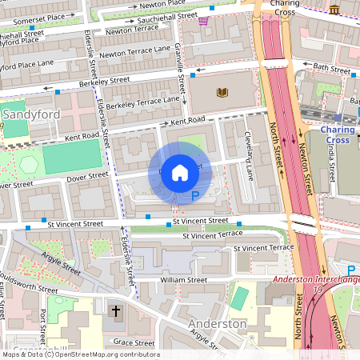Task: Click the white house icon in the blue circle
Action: [x=180, y=172]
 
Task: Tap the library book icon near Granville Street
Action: [x=222, y=93]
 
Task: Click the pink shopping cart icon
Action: [x=203, y=21]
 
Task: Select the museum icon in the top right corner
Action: [x=334, y=9]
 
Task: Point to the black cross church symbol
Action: [x=115, y=310]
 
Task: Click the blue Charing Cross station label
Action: [x=338, y=134]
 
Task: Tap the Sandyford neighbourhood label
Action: [x=31, y=114]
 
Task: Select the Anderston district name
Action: [x=217, y=324]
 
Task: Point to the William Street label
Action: [x=183, y=281]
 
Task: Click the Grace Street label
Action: [x=133, y=342]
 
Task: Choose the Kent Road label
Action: [x=187, y=120]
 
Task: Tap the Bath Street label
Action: [x=331, y=67]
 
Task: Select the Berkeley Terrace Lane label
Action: [x=143, y=102]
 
